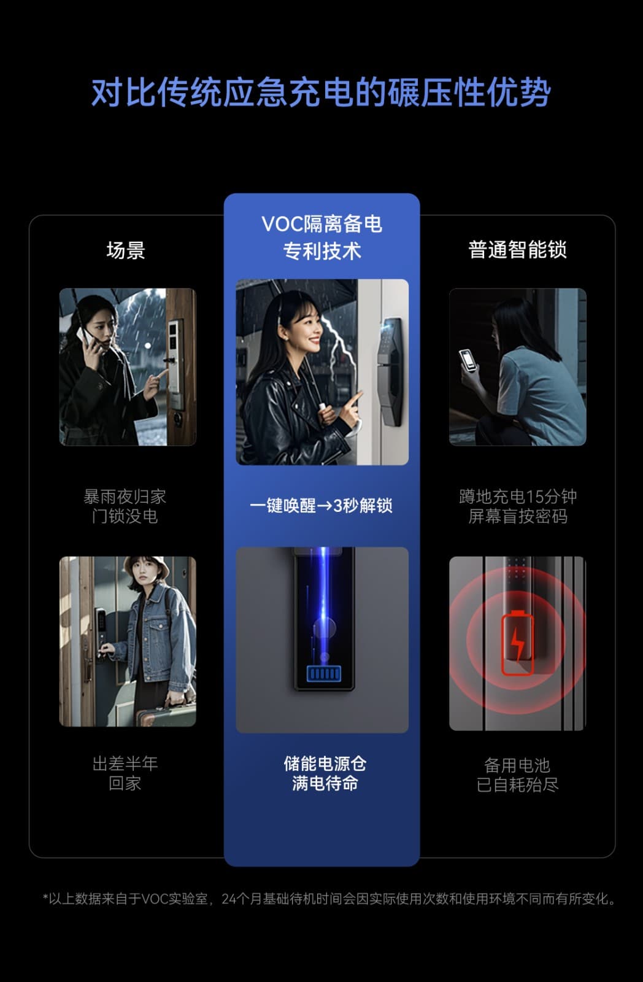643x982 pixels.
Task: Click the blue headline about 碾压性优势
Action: pyautogui.click(x=321, y=93)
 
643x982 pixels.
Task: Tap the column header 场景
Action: pyautogui.click(x=126, y=250)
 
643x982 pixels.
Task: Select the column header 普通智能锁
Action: pyautogui.click(x=517, y=250)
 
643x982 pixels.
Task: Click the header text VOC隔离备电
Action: pyautogui.click(x=321, y=224)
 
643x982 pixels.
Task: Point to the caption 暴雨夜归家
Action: pyautogui.click(x=125, y=497)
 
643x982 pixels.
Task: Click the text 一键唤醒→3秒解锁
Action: pyautogui.click(x=321, y=506)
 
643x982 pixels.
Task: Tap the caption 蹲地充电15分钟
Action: pyautogui.click(x=518, y=497)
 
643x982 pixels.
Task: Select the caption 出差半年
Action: pyautogui.click(x=125, y=764)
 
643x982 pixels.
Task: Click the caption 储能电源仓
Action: pyautogui.click(x=325, y=764)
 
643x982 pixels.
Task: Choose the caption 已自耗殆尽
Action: pyautogui.click(x=518, y=785)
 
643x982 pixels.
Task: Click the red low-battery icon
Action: pyautogui.click(x=518, y=643)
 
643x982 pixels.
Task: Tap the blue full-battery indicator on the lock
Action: pyautogui.click(x=324, y=673)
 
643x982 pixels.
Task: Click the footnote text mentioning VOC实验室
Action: pyautogui.click(x=329, y=899)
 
